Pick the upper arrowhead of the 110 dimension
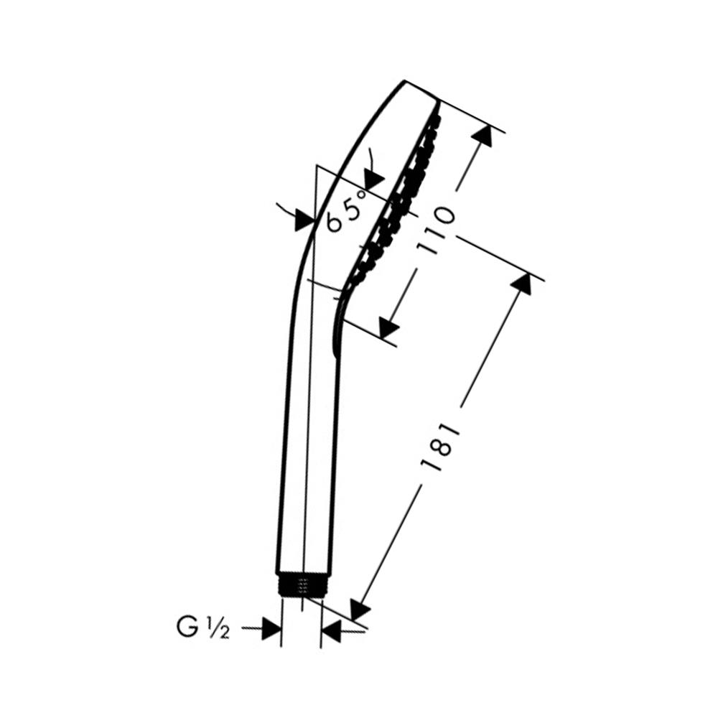tap(482, 135)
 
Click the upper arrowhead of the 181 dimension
tap(521, 283)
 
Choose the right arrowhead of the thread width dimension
tap(331, 631)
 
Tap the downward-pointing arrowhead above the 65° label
tap(374, 177)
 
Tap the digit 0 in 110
tap(442, 215)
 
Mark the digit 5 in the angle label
tap(351, 208)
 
